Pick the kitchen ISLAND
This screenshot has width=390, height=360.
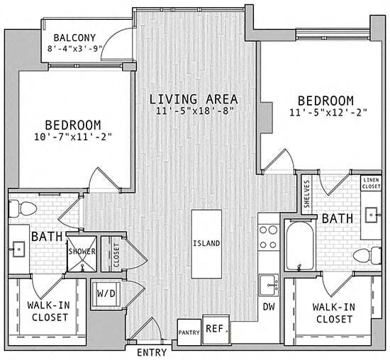coord(206,244)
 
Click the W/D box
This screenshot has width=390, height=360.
coord(107,292)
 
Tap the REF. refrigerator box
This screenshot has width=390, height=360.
coord(216,329)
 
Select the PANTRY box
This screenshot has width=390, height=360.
coord(189,331)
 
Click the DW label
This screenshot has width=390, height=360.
coord(269,307)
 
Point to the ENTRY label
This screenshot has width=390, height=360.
coord(151,352)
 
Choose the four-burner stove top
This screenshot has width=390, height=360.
coord(269,237)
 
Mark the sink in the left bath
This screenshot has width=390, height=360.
coord(18,249)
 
